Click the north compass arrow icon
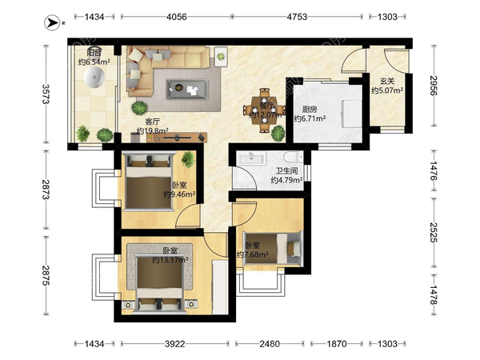(x=52, y=22)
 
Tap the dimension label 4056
(x=176, y=17)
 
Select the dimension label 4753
(x=297, y=17)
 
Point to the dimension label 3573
(x=46, y=94)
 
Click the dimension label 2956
(x=434, y=86)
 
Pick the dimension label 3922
(x=174, y=344)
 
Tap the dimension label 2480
(x=270, y=344)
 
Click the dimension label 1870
(x=337, y=344)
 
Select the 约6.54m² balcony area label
(x=94, y=62)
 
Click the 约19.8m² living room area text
(x=153, y=131)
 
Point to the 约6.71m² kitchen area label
(x=310, y=118)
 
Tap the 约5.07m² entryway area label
(x=387, y=90)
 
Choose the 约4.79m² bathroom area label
(x=286, y=180)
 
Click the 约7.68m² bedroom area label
(x=253, y=254)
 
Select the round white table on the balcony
(x=94, y=78)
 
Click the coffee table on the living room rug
(x=187, y=89)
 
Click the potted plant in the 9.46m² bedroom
(x=188, y=159)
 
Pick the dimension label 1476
(x=434, y=170)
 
